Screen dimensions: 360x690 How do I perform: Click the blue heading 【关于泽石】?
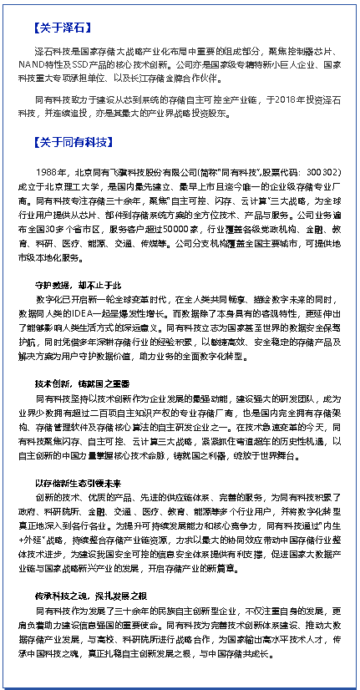pyautogui.click(x=59, y=28)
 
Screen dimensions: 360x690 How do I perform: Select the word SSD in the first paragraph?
pyautogui.click(x=99, y=63)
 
